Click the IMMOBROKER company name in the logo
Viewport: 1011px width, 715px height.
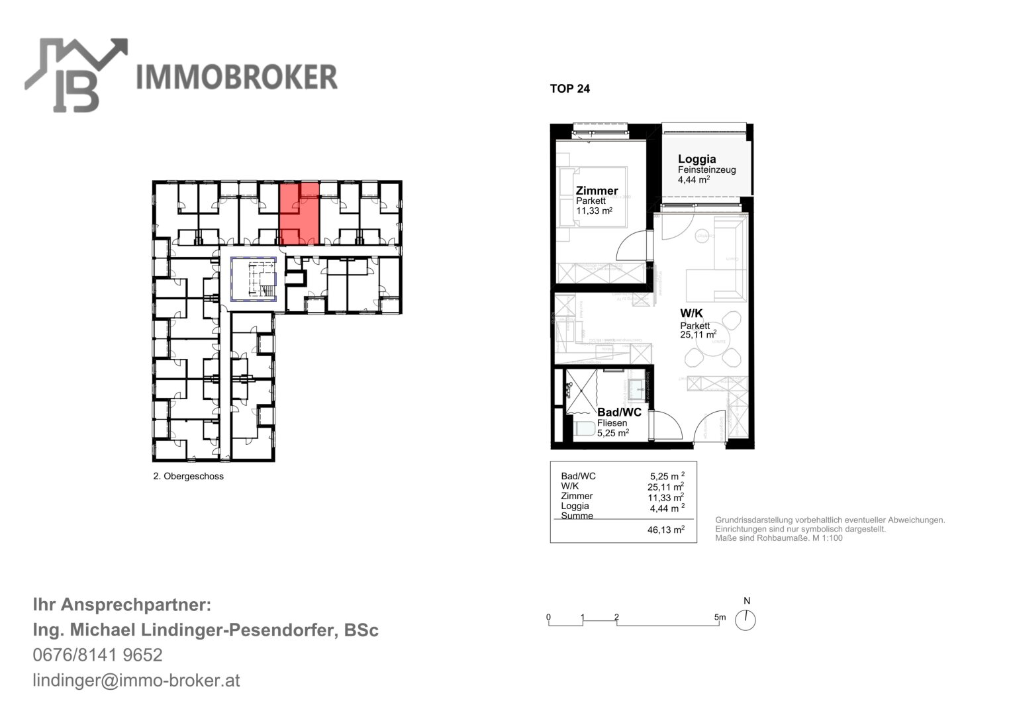236,77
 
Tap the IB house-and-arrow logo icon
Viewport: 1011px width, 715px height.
75,74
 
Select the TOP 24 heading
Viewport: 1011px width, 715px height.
569,89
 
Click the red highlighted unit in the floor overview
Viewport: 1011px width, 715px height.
299,213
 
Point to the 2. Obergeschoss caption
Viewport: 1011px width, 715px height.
188,476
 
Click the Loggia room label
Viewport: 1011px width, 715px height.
697,159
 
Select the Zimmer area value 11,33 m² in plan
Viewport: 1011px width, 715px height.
593,211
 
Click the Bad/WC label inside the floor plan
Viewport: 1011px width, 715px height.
619,412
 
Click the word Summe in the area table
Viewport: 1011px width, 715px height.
577,516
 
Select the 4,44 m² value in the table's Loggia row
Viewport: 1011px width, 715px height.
667,508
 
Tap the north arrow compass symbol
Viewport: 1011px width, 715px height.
746,620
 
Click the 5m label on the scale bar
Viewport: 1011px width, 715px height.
720,617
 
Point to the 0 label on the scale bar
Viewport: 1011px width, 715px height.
548,617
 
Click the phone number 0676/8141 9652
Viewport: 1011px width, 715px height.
97,655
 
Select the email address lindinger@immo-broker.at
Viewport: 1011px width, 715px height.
136,680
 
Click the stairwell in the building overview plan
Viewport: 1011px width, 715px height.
254,279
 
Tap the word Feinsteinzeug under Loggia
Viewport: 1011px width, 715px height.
706,169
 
